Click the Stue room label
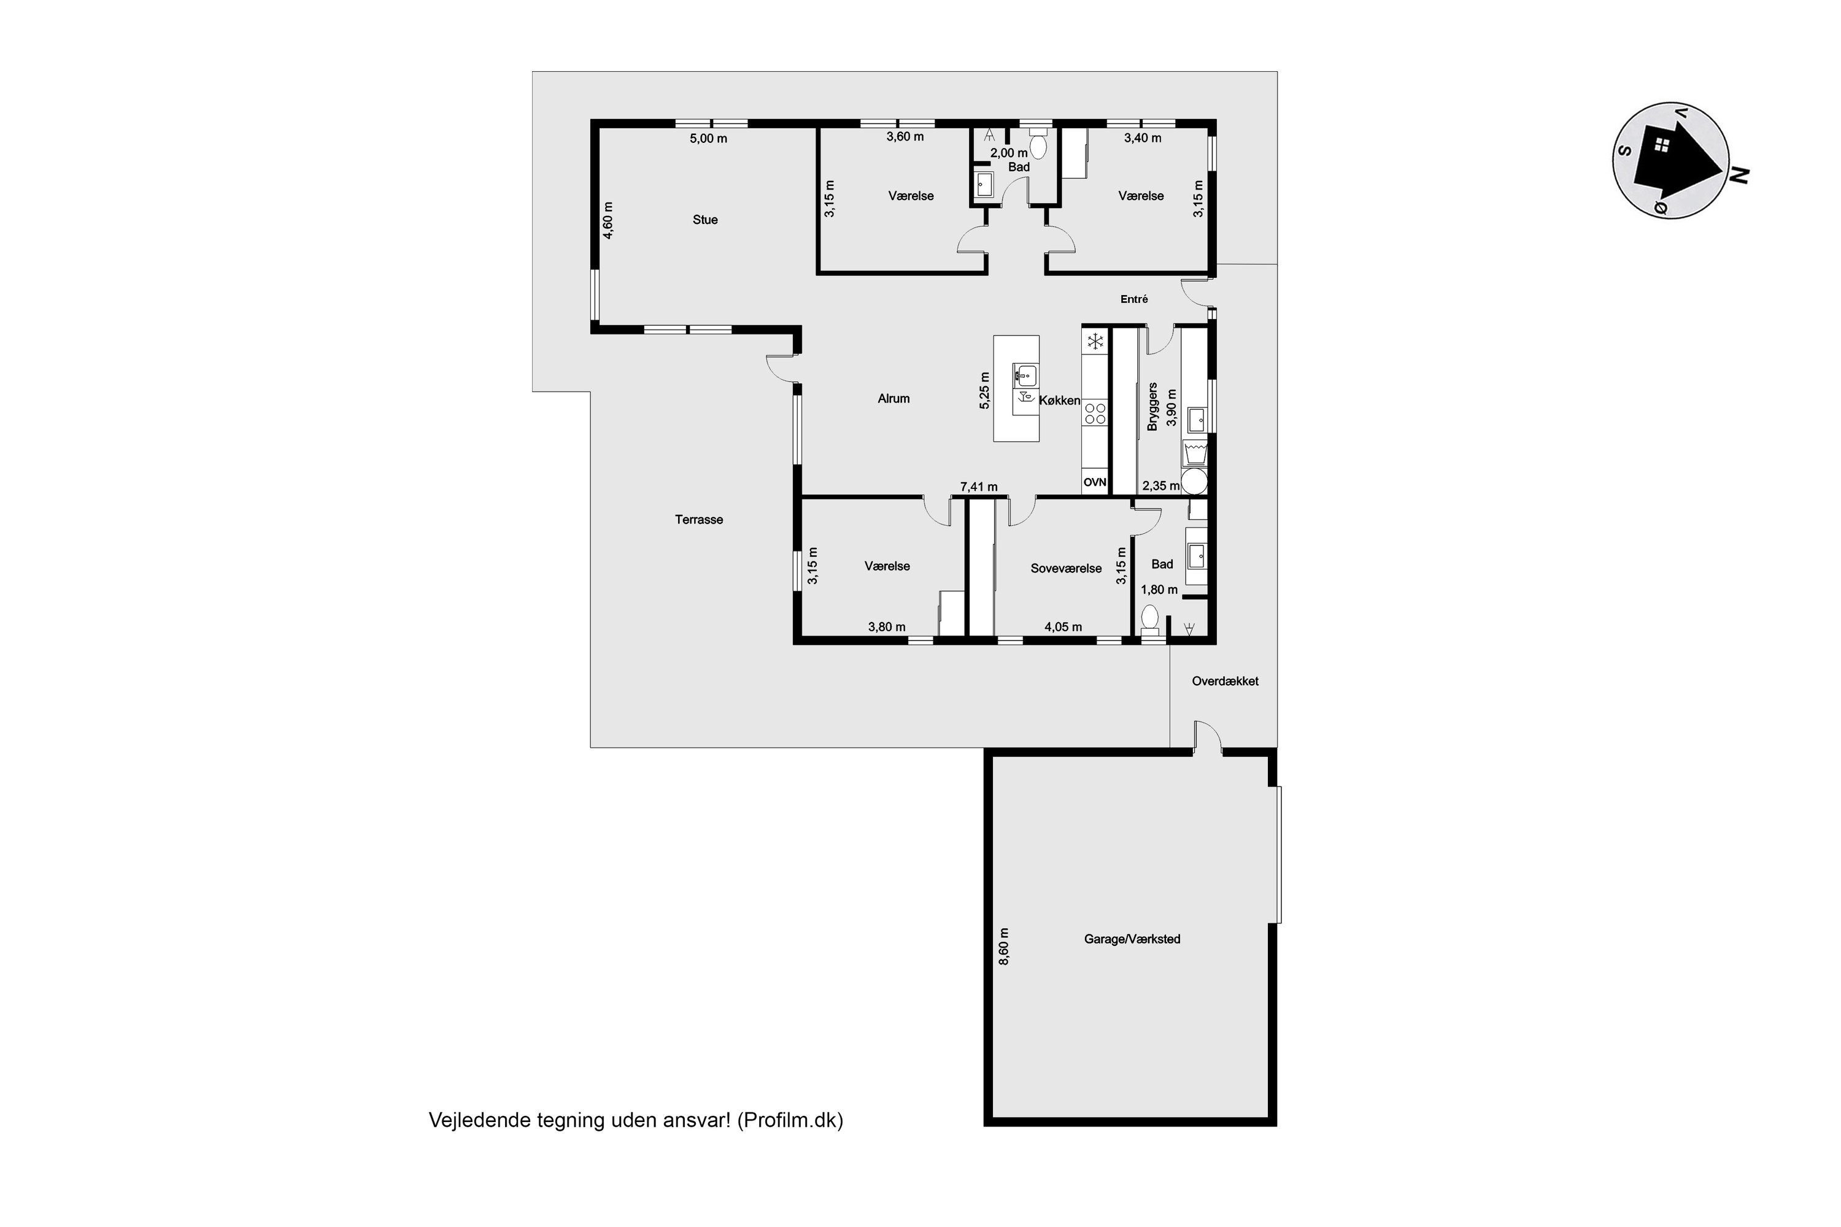(x=704, y=220)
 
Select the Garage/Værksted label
(x=1132, y=939)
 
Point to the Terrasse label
(x=699, y=520)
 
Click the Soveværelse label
(x=1066, y=569)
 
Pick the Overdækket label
(x=1225, y=681)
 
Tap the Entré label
(x=1134, y=299)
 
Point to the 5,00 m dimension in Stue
(x=708, y=139)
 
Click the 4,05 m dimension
(x=1063, y=627)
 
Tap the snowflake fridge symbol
(x=1095, y=341)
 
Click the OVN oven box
(x=1095, y=483)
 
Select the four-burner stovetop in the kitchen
(x=1095, y=413)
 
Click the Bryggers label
(x=1152, y=407)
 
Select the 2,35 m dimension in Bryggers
(x=1161, y=486)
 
